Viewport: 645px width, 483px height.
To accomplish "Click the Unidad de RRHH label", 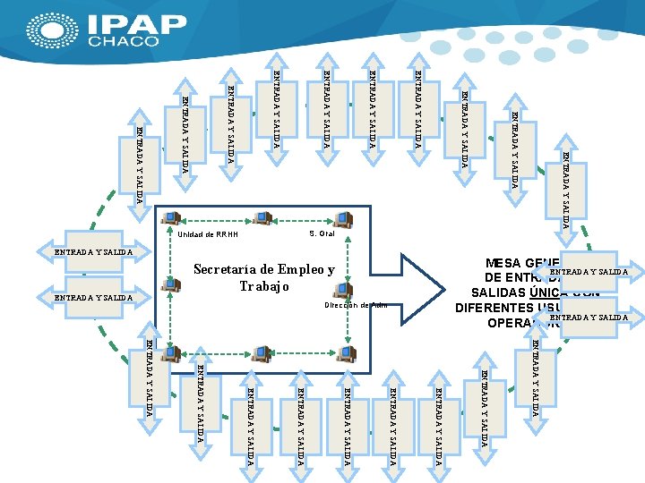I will click(208, 234).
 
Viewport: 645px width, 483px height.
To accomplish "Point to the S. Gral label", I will click(321, 233).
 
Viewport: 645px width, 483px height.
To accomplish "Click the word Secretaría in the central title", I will click(226, 269).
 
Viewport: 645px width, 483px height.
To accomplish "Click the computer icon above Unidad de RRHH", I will click(171, 218).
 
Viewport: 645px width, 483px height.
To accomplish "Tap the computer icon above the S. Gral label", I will click(342, 218).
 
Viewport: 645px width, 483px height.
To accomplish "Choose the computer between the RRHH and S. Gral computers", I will click(262, 218).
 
